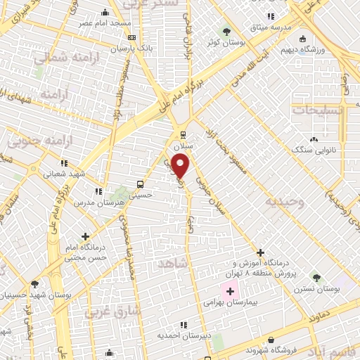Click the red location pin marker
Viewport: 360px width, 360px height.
coord(181,166)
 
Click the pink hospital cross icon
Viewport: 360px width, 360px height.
coord(231,290)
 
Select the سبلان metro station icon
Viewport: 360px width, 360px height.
coord(183,134)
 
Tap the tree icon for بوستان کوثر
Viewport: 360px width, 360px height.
coord(226,31)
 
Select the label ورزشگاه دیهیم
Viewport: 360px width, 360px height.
coord(302,50)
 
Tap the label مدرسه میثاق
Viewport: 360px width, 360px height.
coord(270,28)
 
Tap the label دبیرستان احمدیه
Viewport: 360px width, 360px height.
coord(183,335)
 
